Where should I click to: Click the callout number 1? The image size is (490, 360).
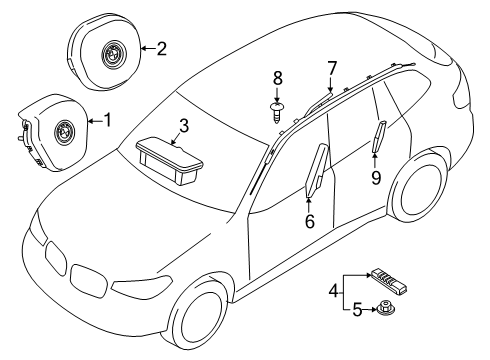click(107, 120)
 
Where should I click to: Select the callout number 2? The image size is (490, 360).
click(162, 49)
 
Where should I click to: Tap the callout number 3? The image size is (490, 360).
click(184, 126)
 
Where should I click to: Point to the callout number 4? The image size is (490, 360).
click(333, 291)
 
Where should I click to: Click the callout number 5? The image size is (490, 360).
click(357, 310)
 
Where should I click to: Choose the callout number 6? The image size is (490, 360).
click(310, 221)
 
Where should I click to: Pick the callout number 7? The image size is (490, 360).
click(332, 69)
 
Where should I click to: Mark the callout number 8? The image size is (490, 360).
click(278, 78)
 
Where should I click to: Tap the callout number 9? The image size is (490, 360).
click(376, 177)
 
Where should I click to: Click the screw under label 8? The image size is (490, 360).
click(276, 113)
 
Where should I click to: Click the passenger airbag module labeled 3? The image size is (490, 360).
click(170, 161)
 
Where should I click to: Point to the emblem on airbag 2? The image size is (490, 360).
click(112, 52)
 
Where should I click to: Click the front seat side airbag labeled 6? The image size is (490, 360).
click(317, 170)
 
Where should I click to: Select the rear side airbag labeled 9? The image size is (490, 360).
click(379, 136)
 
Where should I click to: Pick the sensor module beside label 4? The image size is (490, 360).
click(387, 282)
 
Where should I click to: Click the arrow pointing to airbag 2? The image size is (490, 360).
click(148, 49)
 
